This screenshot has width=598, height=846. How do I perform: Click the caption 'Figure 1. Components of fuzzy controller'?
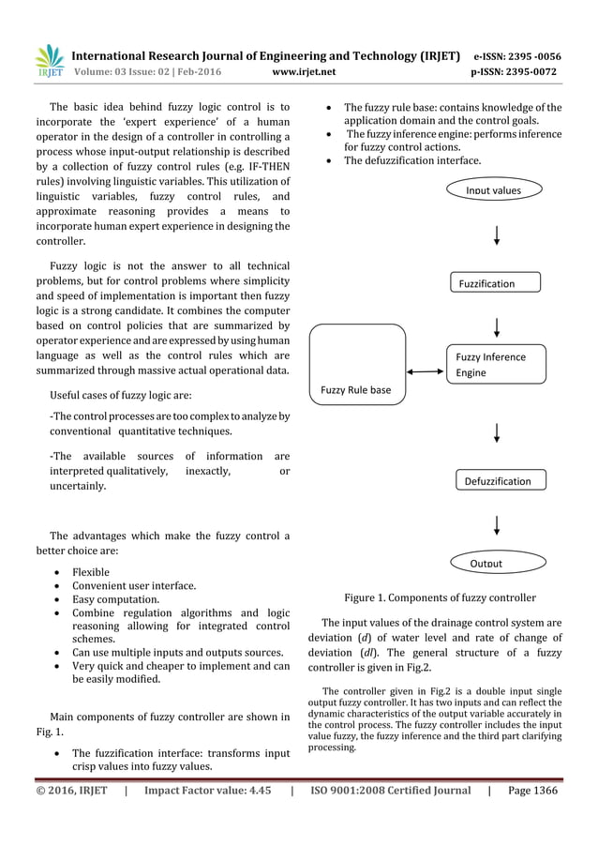point(440,597)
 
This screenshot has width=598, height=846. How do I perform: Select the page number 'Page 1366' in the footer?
point(532,791)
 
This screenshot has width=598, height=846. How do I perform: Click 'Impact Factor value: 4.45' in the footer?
point(207,791)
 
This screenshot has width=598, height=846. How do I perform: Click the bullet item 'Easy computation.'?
point(115,599)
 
